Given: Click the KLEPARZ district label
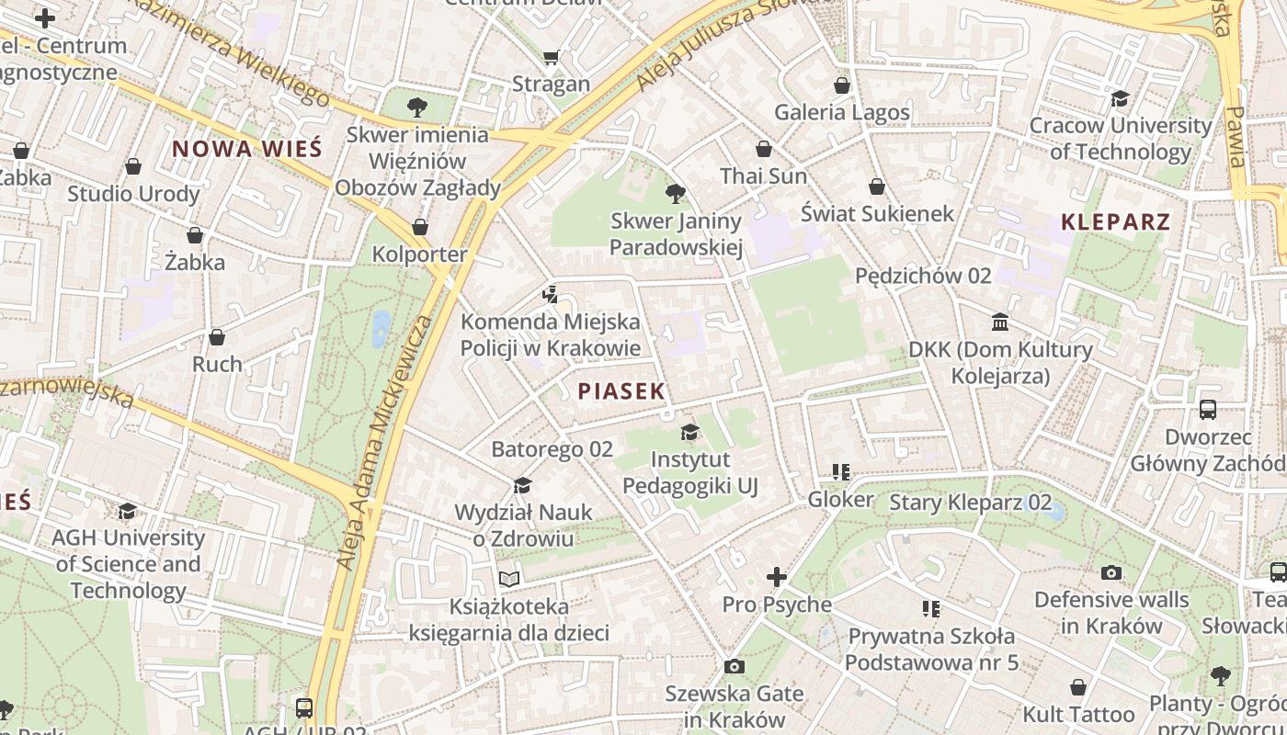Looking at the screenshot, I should [1115, 221].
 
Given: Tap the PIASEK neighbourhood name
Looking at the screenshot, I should [621, 391].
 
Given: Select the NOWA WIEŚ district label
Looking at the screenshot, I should [247, 149].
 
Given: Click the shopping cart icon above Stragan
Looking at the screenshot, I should [551, 58].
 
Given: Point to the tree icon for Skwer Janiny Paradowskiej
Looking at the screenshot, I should [676, 194].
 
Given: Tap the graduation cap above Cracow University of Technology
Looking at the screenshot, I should [1120, 98].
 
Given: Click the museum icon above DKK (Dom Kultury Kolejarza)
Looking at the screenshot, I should [1000, 322].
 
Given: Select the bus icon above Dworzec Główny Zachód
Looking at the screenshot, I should [1208, 410].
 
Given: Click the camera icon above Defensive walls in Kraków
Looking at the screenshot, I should [1111, 573].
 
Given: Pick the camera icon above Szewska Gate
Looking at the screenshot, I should [734, 667].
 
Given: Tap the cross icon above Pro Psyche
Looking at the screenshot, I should [777, 577].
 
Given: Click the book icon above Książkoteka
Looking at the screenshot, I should [509, 579].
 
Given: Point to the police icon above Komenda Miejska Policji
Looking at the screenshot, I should [550, 295].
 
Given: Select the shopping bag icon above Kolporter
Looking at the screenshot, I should [420, 227].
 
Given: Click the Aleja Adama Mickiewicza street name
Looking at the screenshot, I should [384, 441].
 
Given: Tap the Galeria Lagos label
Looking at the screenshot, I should [842, 112].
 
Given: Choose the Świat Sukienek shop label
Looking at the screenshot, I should [877, 213].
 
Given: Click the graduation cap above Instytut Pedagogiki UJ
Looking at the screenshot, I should [689, 433].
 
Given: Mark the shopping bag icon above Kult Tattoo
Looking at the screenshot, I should [1078, 687].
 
